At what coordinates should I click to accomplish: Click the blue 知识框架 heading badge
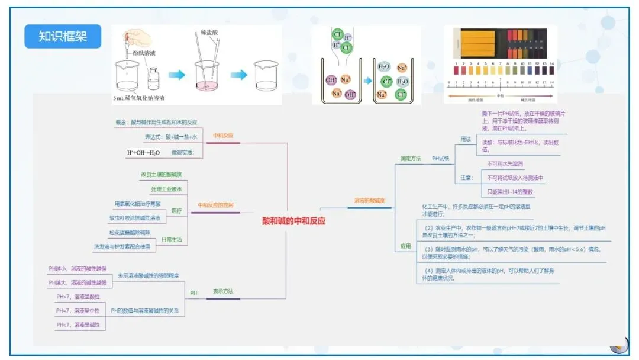pos(63,36)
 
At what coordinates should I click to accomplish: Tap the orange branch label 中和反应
pos(223,136)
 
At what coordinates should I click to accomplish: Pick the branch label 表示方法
pos(223,291)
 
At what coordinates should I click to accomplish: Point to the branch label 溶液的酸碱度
pos(369,201)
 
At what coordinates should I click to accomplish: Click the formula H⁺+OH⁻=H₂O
pos(143,153)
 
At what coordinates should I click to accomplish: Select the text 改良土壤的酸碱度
pos(161,175)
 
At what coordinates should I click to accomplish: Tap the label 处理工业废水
pos(166,189)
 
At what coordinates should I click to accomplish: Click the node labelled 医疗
pos(177,211)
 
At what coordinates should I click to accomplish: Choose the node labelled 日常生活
pos(172,240)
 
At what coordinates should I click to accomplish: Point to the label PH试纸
pos(441,159)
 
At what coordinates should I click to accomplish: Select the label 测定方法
pos(411,159)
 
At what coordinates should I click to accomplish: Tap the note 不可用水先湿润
pos(505,163)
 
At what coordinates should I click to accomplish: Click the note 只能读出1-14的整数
pos(510,192)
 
